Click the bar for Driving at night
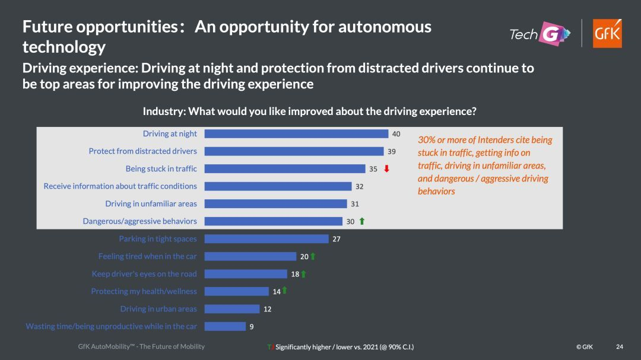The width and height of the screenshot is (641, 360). point(296,133)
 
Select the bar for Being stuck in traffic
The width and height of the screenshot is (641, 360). point(285,169)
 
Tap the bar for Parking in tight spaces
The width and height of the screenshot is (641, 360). point(266,238)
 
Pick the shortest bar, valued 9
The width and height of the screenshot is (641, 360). point(226,327)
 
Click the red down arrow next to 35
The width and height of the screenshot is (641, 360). point(386,169)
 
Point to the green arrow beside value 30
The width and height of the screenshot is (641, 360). point(362,221)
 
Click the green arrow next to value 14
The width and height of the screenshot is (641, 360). point(284,291)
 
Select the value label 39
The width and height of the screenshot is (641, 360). point(392,152)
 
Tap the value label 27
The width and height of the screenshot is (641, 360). point(337,239)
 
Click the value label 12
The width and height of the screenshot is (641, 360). point(267,310)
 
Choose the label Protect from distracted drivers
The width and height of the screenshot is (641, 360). point(142,151)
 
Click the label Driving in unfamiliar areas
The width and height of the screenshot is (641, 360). point(151,203)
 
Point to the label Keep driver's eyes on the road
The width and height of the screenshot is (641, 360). point(144,274)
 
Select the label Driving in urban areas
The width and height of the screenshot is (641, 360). point(158,309)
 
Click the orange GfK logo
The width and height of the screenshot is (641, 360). point(607,33)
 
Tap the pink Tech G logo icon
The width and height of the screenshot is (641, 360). point(553,34)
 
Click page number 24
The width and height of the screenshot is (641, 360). point(620,346)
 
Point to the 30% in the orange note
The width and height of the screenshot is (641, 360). point(426,140)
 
